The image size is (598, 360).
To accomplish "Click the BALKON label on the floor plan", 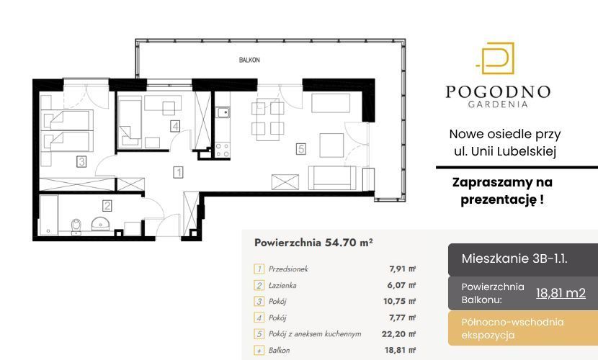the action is coord(249,60).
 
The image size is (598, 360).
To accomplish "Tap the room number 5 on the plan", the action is coord(301,148).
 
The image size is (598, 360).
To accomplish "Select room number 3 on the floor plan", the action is coord(81,162).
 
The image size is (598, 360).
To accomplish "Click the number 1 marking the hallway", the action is coord(178,172).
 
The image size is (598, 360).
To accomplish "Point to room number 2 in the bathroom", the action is coord(107,206).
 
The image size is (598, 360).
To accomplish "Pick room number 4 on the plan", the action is coord(175,126).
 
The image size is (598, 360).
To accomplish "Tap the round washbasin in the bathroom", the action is coord(100,224).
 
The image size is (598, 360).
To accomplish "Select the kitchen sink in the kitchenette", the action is coord(222,113).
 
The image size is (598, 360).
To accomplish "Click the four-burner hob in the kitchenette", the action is coord(222,150).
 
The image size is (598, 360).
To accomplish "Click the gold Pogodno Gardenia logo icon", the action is coord(496,58).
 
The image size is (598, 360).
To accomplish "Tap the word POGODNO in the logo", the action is coord(498,92).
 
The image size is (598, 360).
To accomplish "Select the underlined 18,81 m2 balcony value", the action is coord(561,293).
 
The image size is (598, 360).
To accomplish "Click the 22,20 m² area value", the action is coord(398,333).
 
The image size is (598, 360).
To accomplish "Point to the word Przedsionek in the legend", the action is coord(288,269).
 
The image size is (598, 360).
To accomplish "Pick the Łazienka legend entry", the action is coord(282,285).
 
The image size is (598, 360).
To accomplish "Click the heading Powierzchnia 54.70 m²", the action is coord(313,243).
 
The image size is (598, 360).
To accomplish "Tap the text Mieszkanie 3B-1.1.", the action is coord(514,258).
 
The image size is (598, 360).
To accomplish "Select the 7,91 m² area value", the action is coord(402,269).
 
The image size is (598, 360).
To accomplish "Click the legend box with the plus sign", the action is coord(259,351).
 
